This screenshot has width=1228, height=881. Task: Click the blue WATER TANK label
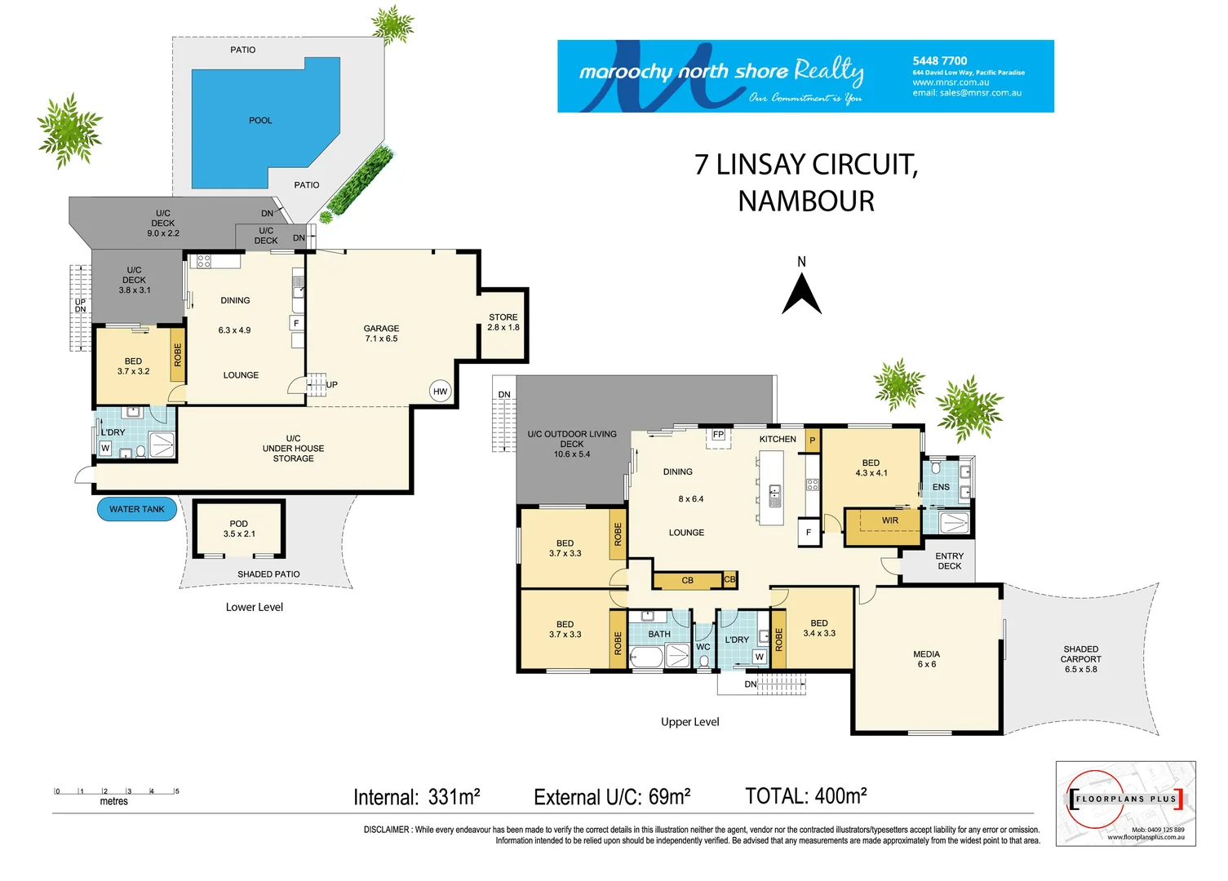click(x=137, y=509)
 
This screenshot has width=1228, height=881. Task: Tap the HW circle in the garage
click(x=441, y=392)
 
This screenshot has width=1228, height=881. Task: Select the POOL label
click(x=260, y=121)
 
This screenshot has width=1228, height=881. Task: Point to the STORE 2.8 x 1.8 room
click(x=503, y=322)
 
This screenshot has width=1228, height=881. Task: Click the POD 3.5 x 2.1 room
click(x=239, y=529)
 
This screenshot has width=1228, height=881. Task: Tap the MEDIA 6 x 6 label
click(x=926, y=659)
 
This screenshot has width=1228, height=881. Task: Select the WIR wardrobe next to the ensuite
click(x=889, y=520)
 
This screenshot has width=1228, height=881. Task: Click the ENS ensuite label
click(x=941, y=487)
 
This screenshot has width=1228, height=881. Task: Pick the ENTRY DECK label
click(x=949, y=561)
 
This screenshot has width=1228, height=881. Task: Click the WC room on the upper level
click(x=703, y=648)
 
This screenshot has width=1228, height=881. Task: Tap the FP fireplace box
click(x=718, y=435)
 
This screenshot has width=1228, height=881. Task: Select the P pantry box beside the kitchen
click(x=812, y=440)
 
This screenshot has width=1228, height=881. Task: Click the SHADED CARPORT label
click(x=1080, y=659)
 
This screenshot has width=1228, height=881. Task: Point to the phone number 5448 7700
click(x=939, y=61)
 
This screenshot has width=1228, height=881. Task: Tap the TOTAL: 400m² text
click(x=805, y=796)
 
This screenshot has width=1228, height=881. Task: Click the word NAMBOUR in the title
click(x=806, y=201)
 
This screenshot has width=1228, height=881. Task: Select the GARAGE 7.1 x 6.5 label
click(x=381, y=334)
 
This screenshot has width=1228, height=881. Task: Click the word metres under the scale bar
click(x=114, y=802)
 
